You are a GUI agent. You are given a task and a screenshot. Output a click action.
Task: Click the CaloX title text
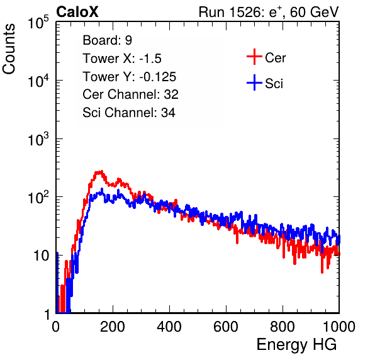tap(77, 12)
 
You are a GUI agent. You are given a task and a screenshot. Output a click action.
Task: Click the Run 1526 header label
tap(269, 12)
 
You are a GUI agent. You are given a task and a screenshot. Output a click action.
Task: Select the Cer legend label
tap(275, 58)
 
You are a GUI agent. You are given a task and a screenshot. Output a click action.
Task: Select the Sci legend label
tap(274, 84)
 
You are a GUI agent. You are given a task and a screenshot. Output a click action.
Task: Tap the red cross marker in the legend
tap(254, 57)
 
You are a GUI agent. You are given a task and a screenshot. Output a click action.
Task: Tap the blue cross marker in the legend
tap(254, 82)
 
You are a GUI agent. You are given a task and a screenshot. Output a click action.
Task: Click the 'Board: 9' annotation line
tap(107, 40)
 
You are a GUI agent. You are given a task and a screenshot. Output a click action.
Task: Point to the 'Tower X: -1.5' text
tap(122, 59)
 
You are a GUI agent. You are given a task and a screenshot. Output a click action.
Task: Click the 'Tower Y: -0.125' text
tap(130, 77)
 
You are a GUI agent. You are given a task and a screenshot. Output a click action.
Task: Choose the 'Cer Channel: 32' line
tap(131, 94)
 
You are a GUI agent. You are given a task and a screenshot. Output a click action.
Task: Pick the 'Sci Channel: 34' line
tap(129, 113)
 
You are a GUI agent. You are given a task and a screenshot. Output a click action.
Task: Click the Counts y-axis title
tap(9, 49)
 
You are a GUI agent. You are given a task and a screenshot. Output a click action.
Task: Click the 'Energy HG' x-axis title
tap(296, 344)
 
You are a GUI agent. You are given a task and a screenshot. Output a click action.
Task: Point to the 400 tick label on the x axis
tap(169, 326)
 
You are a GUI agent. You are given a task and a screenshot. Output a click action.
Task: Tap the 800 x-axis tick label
tap(283, 326)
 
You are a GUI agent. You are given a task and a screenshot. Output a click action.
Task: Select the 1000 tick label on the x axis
tap(339, 326)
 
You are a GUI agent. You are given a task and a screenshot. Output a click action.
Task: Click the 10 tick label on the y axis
tap(42, 256)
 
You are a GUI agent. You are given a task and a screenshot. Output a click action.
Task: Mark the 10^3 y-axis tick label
tap(39, 138)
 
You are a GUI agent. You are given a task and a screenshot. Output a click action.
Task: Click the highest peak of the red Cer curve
tap(102, 171)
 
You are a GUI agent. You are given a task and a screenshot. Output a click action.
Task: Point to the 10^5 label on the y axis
tap(39, 22)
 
